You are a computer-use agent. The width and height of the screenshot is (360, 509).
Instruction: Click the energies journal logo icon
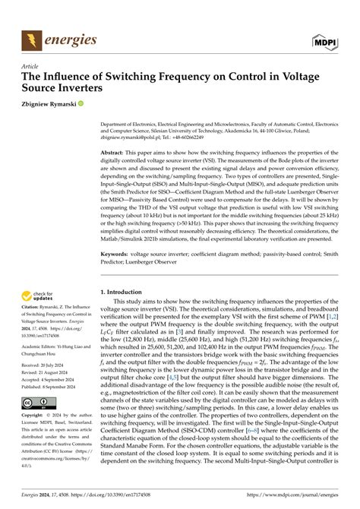[x=30, y=39]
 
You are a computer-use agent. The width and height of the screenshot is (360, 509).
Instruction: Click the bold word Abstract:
[x=116, y=152]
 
